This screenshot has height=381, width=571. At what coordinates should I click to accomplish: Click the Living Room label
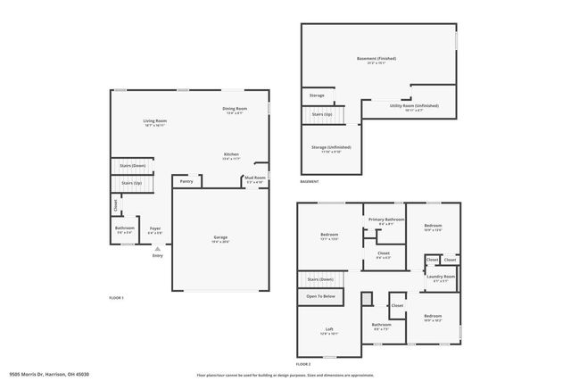154,120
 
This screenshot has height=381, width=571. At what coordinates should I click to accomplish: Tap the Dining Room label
234,109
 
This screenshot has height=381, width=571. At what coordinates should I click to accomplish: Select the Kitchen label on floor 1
231,154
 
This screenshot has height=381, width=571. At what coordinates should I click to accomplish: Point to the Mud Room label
255,178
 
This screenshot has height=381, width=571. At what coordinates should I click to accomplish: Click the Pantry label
186,181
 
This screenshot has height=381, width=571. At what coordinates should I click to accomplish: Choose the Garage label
219,237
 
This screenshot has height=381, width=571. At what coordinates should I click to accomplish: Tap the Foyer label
154,228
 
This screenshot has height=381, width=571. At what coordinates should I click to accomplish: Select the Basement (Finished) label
376,59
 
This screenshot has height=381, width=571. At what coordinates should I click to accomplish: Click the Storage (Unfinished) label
332,147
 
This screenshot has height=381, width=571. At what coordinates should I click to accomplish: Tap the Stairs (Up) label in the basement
322,114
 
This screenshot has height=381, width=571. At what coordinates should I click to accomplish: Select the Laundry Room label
441,277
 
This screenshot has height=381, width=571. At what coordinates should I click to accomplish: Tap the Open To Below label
321,295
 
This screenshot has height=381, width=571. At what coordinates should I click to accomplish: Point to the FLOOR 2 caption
303,364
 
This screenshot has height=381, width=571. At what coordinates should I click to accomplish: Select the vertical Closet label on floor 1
116,205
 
